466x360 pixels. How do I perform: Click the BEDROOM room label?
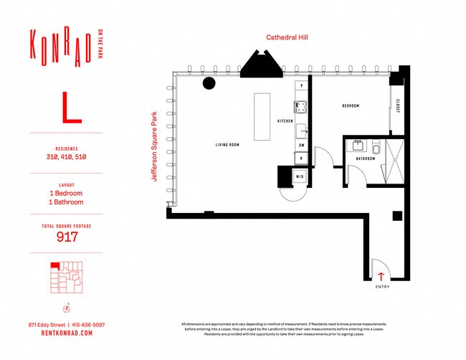pos(350,105)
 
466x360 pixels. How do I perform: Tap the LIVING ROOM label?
pos(227,145)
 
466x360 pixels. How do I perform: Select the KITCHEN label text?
pos(285,121)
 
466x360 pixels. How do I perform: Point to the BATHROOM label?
pos(366,158)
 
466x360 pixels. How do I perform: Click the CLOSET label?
pos(399,105)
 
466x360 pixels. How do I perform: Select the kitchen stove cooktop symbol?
pos(302,108)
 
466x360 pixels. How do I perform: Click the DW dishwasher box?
pos(301,145)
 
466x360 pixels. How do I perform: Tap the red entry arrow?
pos(381,275)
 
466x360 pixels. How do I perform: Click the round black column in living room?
pos(209,83)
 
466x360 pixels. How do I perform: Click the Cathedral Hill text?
pos(286,37)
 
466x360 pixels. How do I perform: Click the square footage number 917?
pos(66,237)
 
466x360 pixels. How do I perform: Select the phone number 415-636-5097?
pos(86,325)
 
